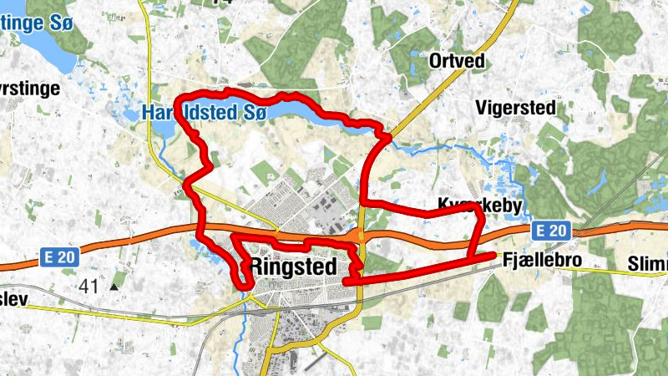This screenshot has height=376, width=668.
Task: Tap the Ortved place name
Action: (x=456, y=61)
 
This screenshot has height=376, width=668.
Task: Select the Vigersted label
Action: (x=511, y=107)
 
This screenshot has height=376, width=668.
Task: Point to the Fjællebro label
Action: (x=542, y=262)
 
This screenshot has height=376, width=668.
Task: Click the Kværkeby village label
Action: (x=479, y=206)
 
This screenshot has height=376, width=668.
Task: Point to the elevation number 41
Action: (x=89, y=287)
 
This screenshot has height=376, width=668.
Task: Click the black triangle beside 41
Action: (x=114, y=287)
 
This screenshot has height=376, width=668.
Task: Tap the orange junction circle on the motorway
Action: (x=361, y=236)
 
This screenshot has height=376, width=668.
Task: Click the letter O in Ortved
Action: (x=434, y=61)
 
